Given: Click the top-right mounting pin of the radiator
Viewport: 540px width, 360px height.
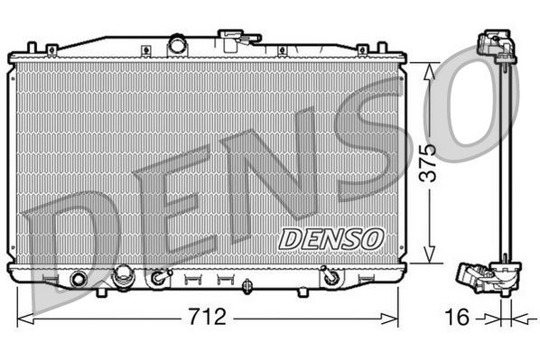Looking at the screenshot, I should coord(362,47).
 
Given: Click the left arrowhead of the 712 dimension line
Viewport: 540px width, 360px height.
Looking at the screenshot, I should coord(23,317).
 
